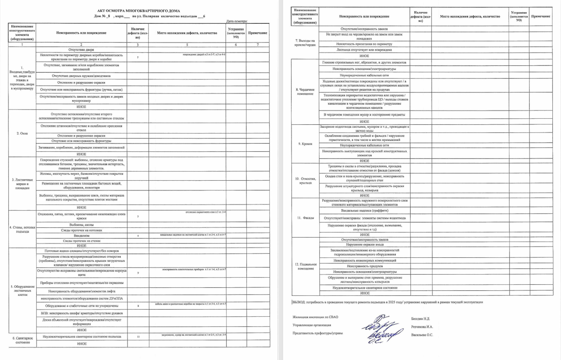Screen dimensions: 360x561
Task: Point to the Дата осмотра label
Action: pyautogui.click(x=236, y=21)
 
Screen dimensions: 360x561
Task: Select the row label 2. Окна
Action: pyautogui.click(x=22, y=133)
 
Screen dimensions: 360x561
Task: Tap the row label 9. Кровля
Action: pyautogui.click(x=305, y=143)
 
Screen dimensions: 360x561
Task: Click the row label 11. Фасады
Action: pyautogui.click(x=305, y=218)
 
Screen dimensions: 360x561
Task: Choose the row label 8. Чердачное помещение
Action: pyautogui.click(x=305, y=92)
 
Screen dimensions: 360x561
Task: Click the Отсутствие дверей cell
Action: pyautogui.click(x=81, y=50)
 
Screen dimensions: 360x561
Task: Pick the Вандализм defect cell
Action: pyautogui.click(x=81, y=236)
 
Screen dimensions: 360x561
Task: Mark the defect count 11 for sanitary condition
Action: pyautogui.click(x=138, y=336)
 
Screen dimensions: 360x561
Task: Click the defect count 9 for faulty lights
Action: pyautogui.click(x=138, y=273)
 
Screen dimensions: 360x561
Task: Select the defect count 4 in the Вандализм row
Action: pyautogui.click(x=138, y=236)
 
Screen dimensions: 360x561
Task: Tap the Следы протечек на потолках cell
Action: pyautogui.click(x=81, y=230)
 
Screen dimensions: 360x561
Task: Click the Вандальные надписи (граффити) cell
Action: pyautogui.click(x=364, y=211)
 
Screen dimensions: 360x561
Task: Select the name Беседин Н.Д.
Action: pyautogui.click(x=420, y=318)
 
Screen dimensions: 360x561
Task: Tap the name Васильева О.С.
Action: pyautogui.click(x=422, y=334)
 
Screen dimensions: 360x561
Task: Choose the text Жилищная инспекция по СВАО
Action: pyautogui.click(x=315, y=317)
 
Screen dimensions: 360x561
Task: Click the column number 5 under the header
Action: pyautogui.click(x=187, y=45)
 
